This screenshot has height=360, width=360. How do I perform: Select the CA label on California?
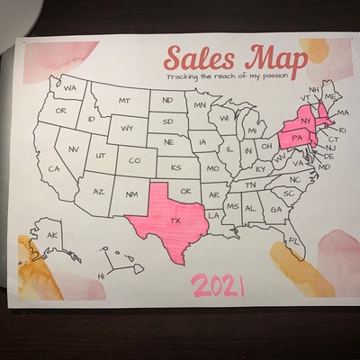(x=54, y=168)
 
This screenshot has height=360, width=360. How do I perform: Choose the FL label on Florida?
(x=292, y=240)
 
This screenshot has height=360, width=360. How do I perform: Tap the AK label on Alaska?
(x=51, y=235)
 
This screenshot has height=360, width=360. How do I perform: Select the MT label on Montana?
(x=124, y=101)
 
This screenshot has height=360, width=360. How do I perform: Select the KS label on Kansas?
(x=176, y=166)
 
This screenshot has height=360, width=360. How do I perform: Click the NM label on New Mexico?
(x=131, y=194)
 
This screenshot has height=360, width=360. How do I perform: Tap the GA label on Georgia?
(x=275, y=211)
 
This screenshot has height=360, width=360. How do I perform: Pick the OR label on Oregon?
(x=61, y=111)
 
